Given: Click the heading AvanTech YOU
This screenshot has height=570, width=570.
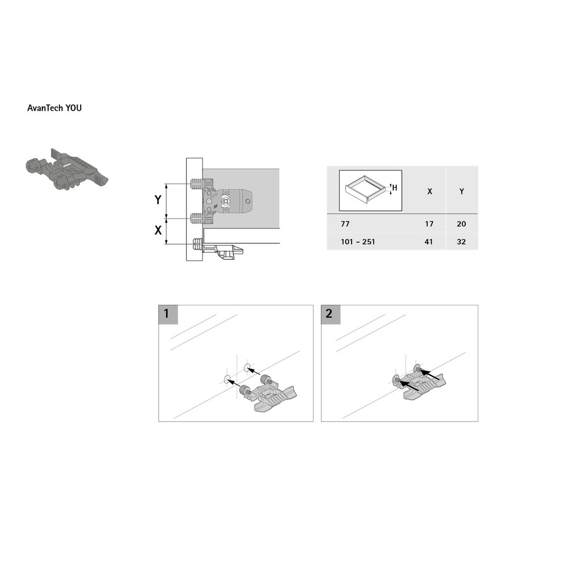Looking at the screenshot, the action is coord(54,108).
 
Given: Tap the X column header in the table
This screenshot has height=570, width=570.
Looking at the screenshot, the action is coord(430,192).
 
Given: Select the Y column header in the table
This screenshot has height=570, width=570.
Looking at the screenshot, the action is coord(462,192).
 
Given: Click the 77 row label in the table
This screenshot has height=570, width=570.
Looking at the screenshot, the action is coord(345,224).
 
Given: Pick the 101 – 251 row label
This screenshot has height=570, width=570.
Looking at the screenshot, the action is coord(358,242).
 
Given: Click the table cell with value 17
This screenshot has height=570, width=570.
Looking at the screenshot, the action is coord(429,224).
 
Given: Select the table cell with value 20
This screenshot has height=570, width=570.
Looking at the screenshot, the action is coord(461,224).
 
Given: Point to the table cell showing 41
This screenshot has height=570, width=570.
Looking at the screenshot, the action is coord(429,242).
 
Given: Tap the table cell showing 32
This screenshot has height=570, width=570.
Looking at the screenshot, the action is coord(461,242).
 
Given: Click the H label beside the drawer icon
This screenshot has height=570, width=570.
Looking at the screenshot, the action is coord(395,188).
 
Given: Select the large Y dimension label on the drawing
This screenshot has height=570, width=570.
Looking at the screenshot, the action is coord(158,199).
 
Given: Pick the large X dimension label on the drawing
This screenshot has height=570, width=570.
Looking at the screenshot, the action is coord(158,230).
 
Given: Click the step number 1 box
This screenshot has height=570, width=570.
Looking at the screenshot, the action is coord(168,315).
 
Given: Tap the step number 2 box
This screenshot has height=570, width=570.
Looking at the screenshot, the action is coord(331,315).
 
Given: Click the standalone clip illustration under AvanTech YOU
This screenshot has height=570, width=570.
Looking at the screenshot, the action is coord(67,169).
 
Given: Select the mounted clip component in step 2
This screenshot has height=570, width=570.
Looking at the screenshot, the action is coord(418,382).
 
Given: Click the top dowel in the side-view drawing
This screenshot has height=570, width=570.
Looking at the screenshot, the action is coord(196,184).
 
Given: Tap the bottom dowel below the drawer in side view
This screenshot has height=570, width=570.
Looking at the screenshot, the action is coord(197,244).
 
